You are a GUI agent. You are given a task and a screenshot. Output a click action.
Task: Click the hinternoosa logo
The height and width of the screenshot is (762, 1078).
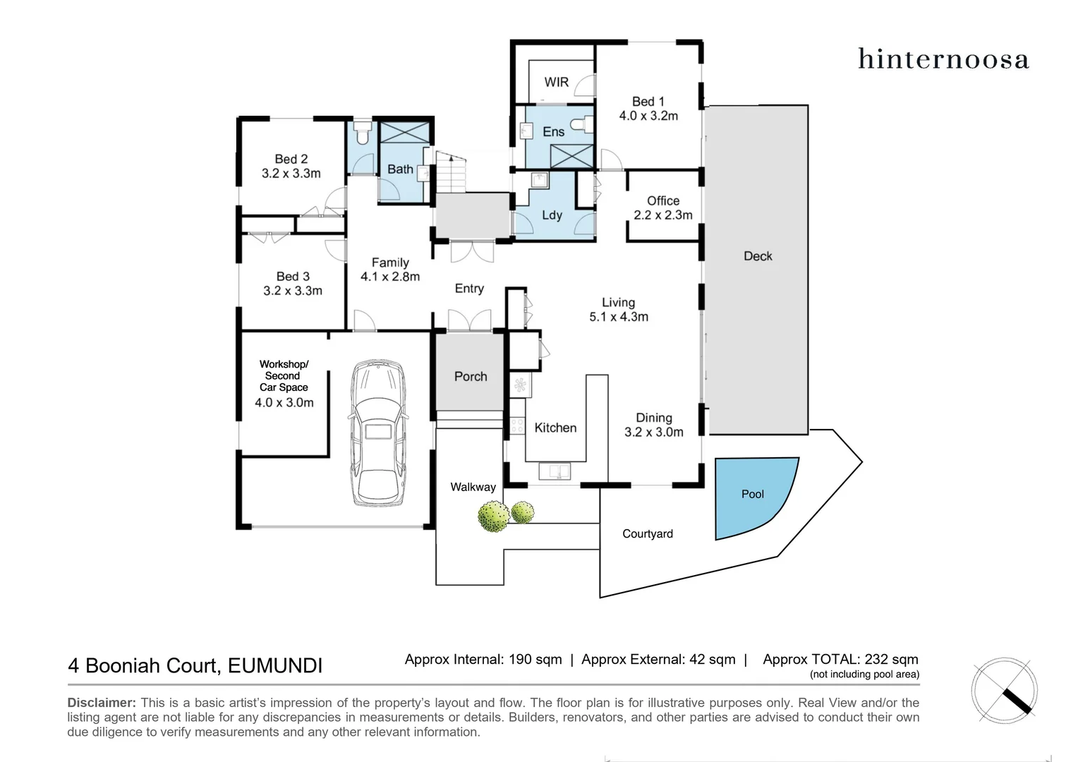click(x=943, y=59)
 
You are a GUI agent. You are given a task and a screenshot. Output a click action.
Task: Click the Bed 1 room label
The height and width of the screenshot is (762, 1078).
click(x=648, y=102)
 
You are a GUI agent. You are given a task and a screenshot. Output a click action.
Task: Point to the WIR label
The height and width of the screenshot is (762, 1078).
click(x=556, y=82)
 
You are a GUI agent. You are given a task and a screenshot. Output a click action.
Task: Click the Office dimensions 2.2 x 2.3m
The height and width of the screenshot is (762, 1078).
click(x=662, y=215)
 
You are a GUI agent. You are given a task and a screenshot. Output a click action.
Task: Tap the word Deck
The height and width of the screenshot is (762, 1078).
click(x=758, y=256)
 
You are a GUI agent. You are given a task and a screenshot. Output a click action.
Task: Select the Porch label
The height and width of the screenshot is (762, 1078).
click(x=471, y=377)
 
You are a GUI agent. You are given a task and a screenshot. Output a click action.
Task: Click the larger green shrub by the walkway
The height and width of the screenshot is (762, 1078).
click(x=493, y=516)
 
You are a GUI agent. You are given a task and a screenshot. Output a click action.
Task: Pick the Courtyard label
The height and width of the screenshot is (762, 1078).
click(x=647, y=534)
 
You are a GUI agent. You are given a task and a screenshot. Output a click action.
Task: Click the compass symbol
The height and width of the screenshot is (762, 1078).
click(x=1004, y=691)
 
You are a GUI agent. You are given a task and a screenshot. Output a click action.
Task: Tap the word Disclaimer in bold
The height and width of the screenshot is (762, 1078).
click(x=101, y=703)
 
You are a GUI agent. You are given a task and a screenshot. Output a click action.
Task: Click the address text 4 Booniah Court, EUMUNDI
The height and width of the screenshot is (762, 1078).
click(x=195, y=665)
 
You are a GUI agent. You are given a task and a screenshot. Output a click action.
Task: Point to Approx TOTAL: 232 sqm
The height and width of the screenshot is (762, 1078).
click(x=840, y=660)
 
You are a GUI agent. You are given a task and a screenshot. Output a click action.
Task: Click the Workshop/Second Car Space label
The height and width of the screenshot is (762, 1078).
click(x=284, y=376)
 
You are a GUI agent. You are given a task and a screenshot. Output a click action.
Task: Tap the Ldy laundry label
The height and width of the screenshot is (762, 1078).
click(x=552, y=215)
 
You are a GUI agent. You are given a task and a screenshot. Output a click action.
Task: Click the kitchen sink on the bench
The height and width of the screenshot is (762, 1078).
click(x=554, y=471)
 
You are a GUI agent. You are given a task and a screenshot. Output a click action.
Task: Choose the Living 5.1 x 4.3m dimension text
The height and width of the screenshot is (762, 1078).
click(x=619, y=317)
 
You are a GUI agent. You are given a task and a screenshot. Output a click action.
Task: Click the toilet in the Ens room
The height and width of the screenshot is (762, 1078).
click(x=579, y=125)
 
